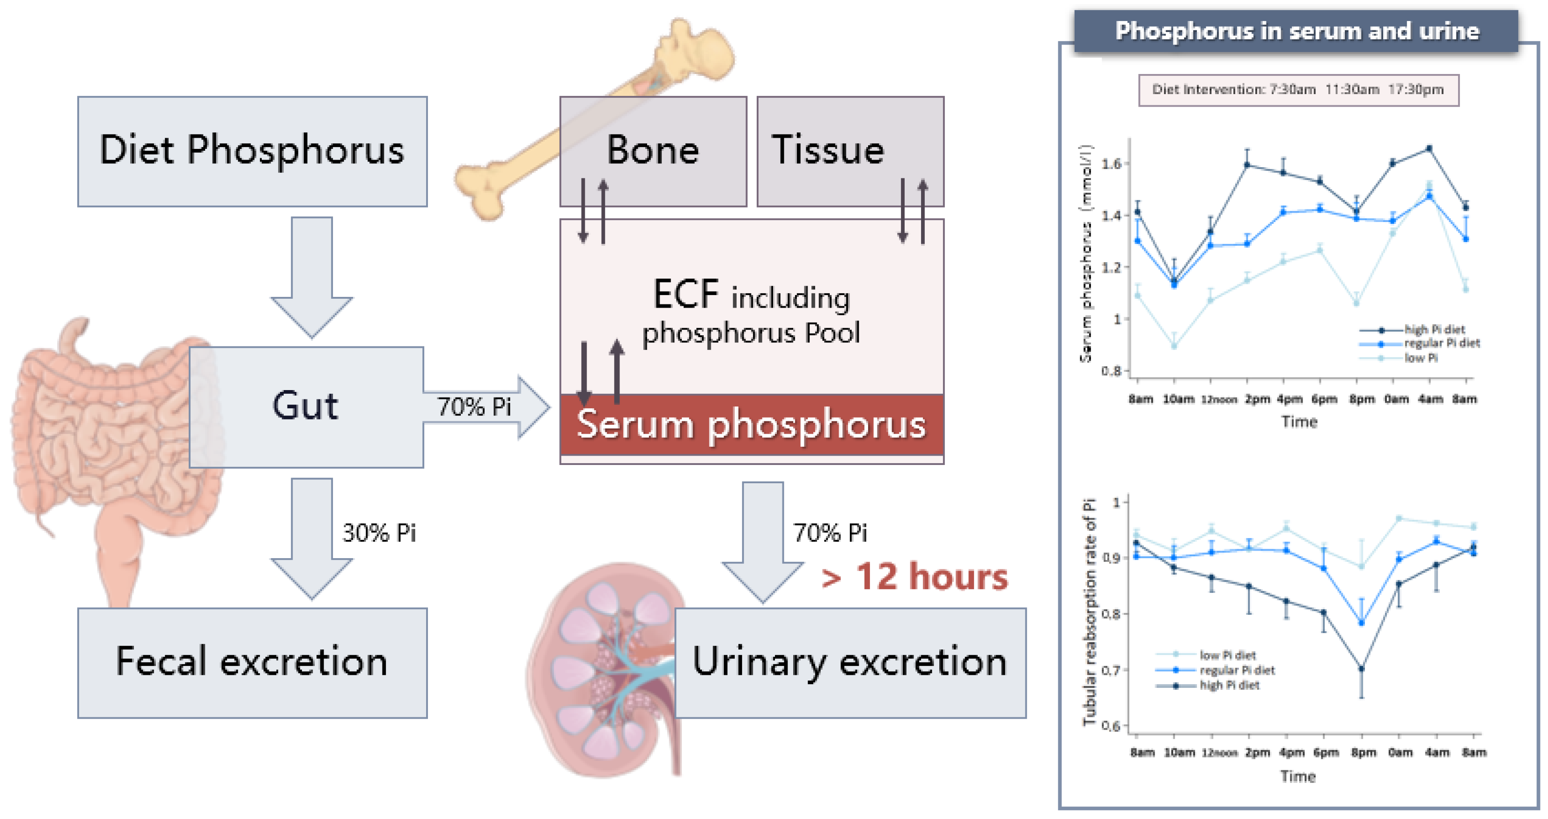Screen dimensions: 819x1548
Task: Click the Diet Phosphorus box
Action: (252, 151)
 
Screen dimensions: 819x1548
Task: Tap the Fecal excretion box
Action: (252, 662)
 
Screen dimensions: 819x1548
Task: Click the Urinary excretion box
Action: (850, 662)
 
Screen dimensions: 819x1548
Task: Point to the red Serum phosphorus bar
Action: (751, 425)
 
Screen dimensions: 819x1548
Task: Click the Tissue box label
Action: (828, 150)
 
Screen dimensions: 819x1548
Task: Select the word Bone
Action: (653, 150)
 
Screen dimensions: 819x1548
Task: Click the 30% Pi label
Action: (379, 533)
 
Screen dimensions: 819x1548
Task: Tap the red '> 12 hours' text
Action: (914, 577)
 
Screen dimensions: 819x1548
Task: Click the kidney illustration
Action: (607, 670)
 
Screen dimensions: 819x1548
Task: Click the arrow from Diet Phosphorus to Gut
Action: (311, 276)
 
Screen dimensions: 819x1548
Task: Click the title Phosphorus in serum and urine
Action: (1297, 31)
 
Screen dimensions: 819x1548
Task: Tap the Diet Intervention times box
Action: (1298, 90)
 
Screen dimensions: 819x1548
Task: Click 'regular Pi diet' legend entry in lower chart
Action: (1237, 670)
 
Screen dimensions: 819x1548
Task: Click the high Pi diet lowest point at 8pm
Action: (1362, 668)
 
